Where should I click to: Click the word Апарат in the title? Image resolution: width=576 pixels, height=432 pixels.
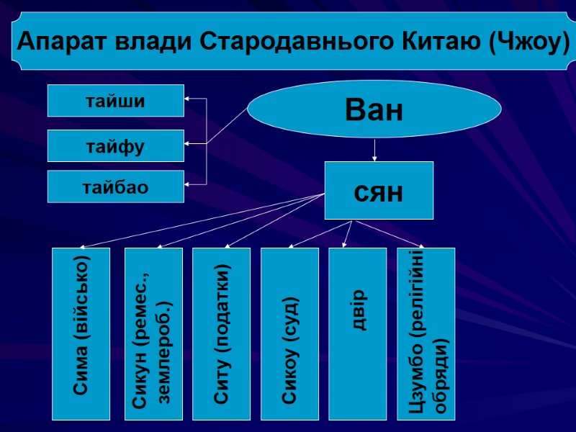coord(58,42)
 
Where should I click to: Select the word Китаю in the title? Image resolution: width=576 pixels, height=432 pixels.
coord(441,42)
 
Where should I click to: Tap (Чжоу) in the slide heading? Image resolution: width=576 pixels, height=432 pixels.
coord(528,42)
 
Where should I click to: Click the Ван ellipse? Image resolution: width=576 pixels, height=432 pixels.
coord(374,110)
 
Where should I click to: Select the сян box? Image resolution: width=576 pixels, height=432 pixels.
coord(379,191)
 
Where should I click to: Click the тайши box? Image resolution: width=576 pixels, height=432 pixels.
coord(115,101)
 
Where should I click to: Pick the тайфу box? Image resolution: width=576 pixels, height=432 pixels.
coord(115,146)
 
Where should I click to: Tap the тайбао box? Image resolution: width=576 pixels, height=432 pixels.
coord(115,187)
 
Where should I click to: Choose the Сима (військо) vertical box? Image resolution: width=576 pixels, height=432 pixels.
coord(81,334)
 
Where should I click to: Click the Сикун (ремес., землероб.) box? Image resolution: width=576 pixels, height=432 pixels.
coord(153,334)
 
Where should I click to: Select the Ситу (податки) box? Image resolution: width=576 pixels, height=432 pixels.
coord(221,334)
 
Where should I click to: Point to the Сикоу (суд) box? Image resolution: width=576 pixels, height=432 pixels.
coord(289,334)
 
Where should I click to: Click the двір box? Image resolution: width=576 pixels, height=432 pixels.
coord(357,334)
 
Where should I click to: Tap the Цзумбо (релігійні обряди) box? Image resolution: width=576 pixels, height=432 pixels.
coord(426,334)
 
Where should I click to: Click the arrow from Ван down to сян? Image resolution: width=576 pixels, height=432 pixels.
coord(374,149)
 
